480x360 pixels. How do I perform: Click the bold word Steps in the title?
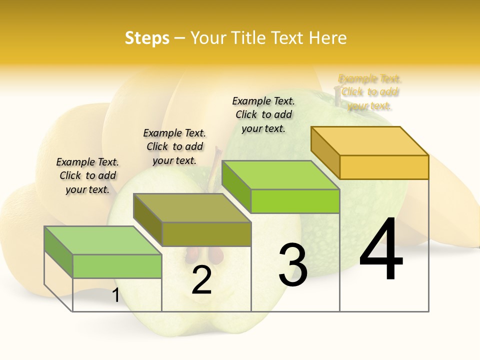[147, 38]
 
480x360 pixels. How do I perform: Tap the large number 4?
[381, 249]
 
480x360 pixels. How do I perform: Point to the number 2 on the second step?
[201, 280]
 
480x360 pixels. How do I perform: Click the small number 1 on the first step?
[115, 295]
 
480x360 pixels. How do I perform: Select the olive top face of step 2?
[192, 208]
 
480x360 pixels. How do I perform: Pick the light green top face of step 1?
[103, 240]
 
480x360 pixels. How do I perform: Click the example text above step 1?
[87, 175]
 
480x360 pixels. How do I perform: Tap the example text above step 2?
[174, 146]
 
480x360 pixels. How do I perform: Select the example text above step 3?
[263, 114]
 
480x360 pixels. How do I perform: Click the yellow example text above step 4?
[370, 92]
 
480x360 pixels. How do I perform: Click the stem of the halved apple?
[216, 162]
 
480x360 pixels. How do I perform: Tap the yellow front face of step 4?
[384, 167]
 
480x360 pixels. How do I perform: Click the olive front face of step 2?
[206, 234]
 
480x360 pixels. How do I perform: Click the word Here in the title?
[328, 38]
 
